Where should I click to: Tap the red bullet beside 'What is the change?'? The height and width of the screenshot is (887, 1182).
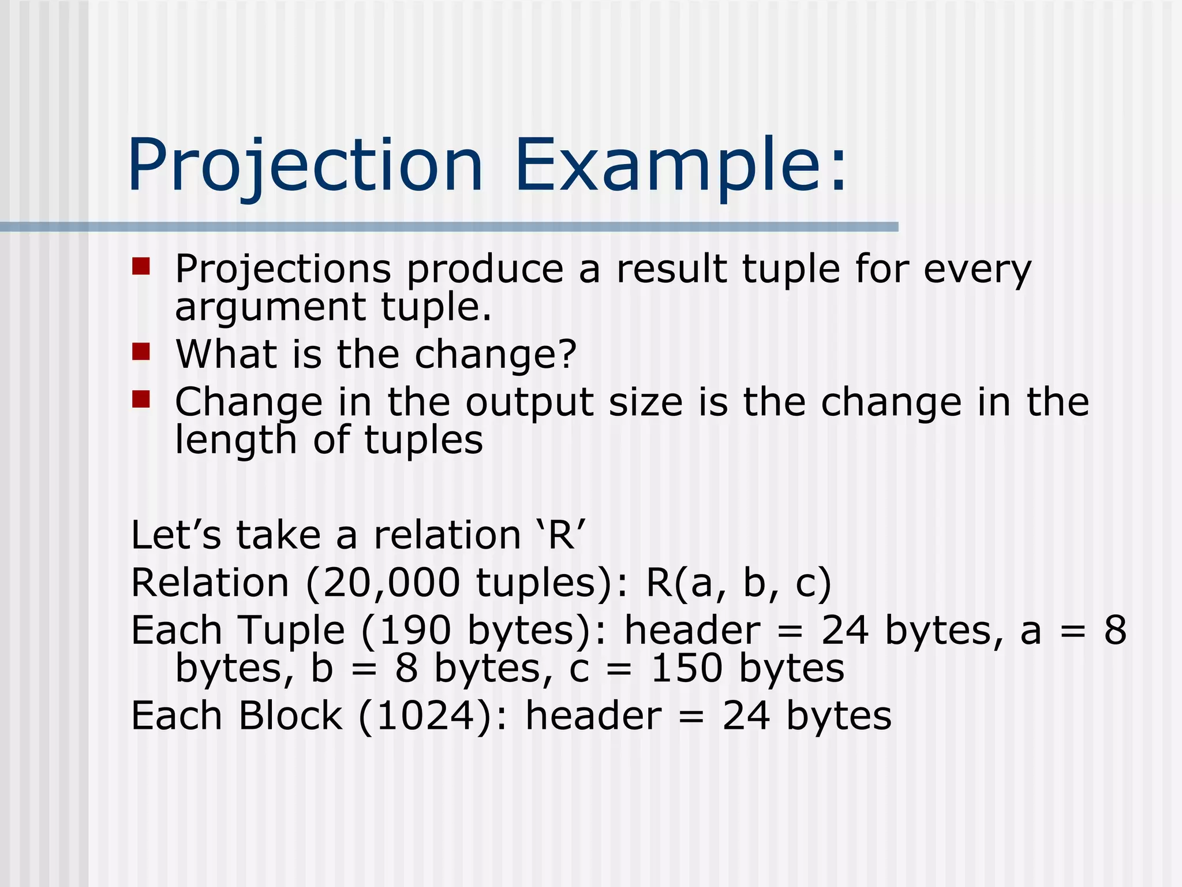(x=141, y=351)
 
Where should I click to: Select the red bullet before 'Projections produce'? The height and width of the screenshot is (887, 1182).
(x=141, y=266)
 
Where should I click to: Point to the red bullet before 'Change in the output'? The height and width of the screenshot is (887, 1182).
(x=141, y=399)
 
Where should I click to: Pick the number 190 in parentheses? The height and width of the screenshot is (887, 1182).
(x=414, y=630)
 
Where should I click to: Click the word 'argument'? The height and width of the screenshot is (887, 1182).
(x=270, y=308)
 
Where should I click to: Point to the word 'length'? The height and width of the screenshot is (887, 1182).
(x=235, y=441)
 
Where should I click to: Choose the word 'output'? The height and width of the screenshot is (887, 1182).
(x=529, y=402)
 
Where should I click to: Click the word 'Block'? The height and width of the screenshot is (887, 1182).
(x=290, y=716)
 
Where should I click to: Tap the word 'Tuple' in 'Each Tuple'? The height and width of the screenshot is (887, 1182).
(x=291, y=630)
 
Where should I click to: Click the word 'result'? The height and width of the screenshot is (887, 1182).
(x=671, y=269)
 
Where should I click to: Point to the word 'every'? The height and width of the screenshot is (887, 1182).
(x=977, y=270)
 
